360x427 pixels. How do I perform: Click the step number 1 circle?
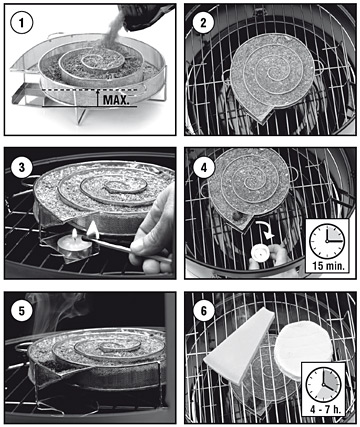pyautogui.click(x=22, y=23)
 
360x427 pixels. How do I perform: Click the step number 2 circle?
pyautogui.click(x=203, y=23)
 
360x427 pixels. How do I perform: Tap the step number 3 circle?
pyautogui.click(x=22, y=167)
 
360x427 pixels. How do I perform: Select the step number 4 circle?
pyautogui.click(x=203, y=167)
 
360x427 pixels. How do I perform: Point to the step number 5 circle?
pyautogui.click(x=22, y=311)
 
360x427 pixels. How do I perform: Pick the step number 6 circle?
pyautogui.click(x=203, y=311)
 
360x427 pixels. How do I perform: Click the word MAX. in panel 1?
pyautogui.click(x=116, y=99)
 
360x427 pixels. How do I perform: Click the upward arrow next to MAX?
pyautogui.click(x=98, y=98)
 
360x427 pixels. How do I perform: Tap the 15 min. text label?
pyautogui.click(x=328, y=266)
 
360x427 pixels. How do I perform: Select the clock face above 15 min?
pyautogui.click(x=327, y=240)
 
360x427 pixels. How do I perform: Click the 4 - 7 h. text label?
pyautogui.click(x=322, y=409)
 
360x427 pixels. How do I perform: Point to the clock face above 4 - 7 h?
pyautogui.click(x=323, y=384)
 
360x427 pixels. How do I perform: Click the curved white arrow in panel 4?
pyautogui.click(x=265, y=229)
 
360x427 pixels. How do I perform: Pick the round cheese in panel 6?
pyautogui.click(x=303, y=351)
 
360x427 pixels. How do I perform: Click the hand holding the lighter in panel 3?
pyautogui.click(x=153, y=232)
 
